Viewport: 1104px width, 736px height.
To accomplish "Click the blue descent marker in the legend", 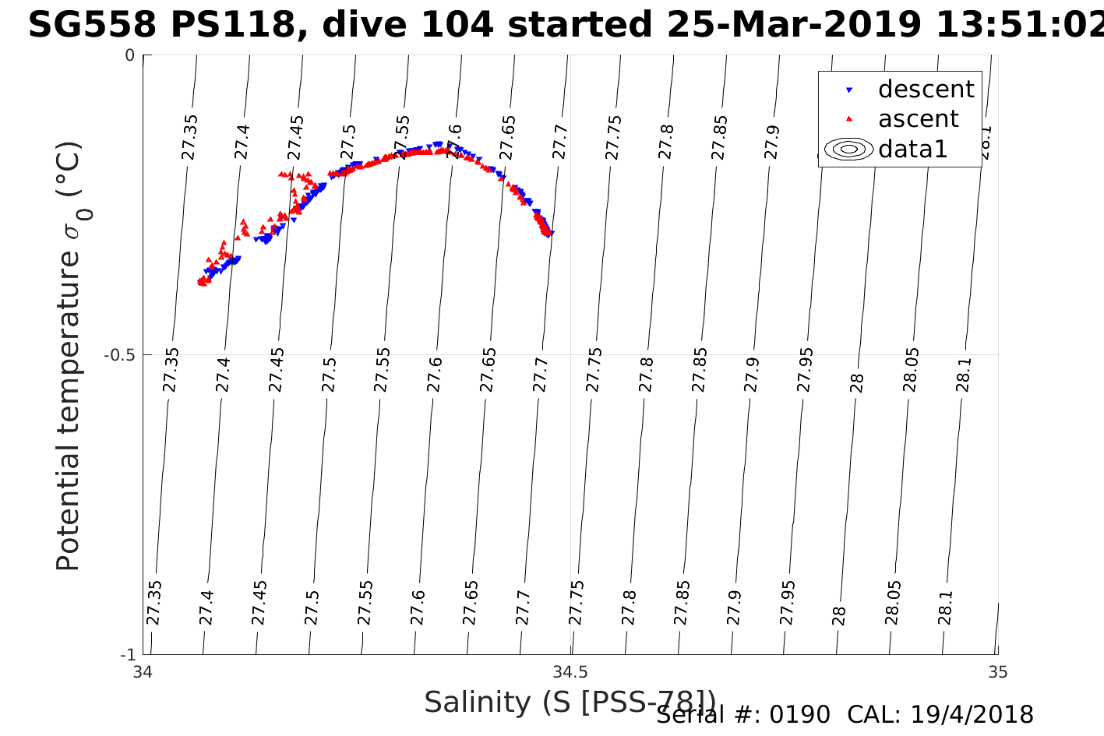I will (849, 90).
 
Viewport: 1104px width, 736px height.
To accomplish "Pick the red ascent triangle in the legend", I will (849, 118).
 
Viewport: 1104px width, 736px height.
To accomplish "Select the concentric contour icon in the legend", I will (849, 149).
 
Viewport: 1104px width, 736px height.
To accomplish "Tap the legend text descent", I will (926, 90).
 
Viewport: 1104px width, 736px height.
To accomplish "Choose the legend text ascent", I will (918, 119).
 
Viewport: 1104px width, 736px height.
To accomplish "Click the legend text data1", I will (912, 149).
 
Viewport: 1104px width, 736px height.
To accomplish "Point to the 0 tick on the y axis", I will (130, 55).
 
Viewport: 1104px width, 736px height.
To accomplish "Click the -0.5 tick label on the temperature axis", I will (120, 355).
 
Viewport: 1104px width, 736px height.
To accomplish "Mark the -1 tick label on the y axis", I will (128, 654).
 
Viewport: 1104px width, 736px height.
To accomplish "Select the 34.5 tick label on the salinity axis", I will (570, 672).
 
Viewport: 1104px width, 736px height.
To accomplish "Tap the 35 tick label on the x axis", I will (997, 672).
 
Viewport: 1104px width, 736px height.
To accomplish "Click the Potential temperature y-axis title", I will (69, 356).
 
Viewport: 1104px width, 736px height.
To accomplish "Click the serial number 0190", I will (799, 715).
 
